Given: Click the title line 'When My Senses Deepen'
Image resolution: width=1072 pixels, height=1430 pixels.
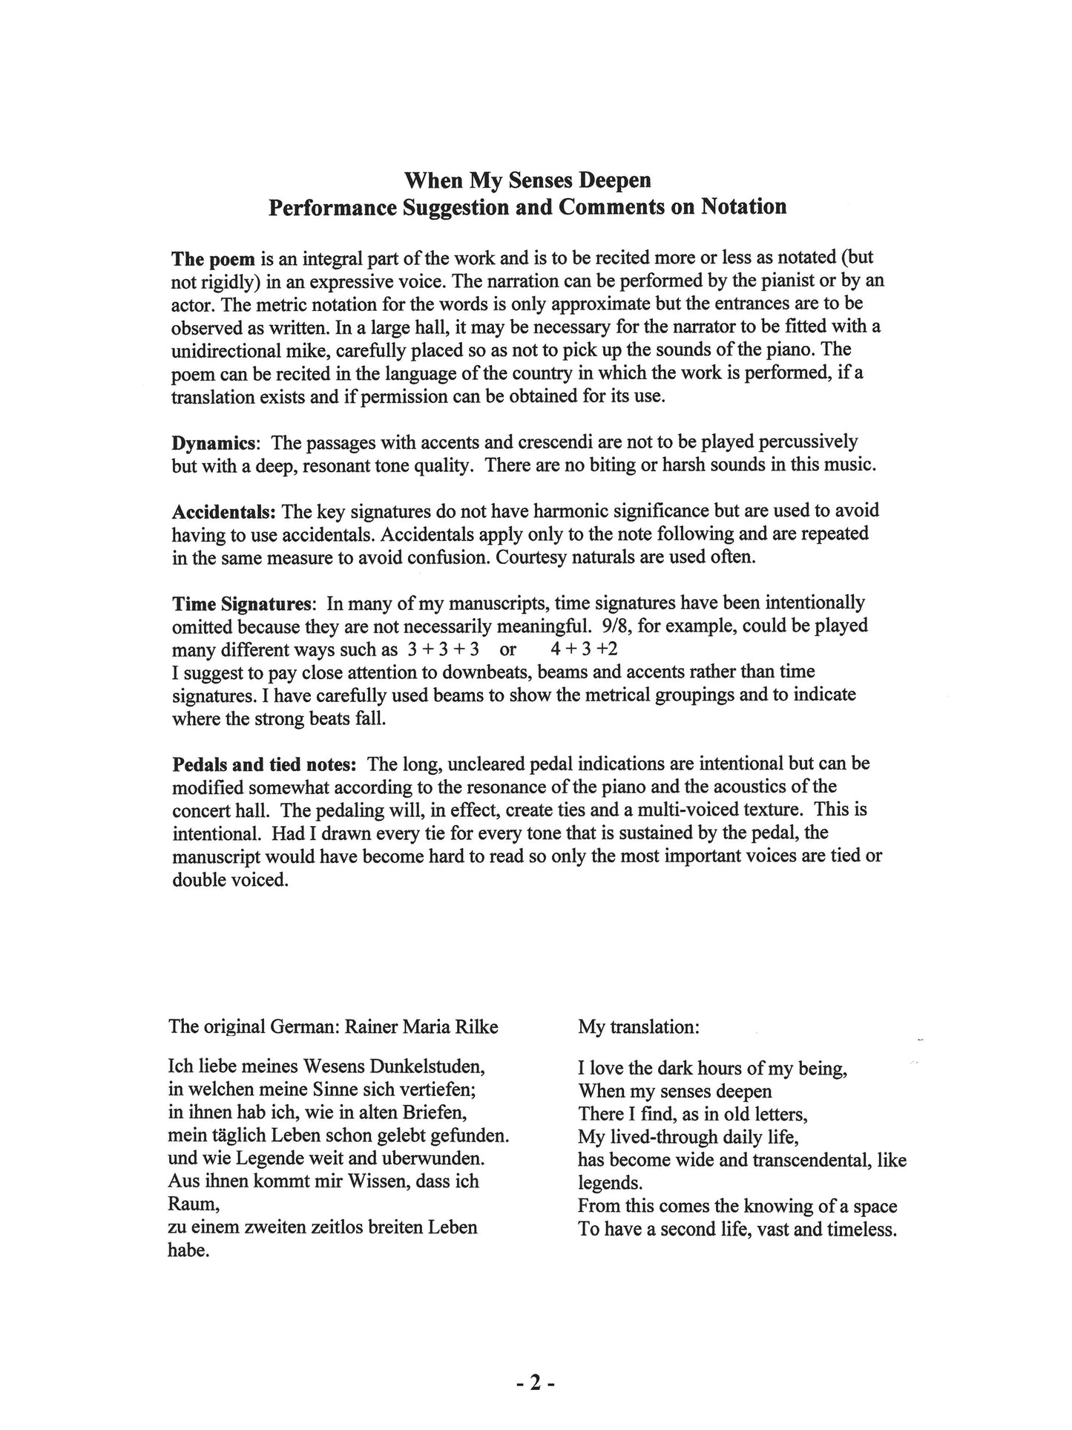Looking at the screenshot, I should point(527,180).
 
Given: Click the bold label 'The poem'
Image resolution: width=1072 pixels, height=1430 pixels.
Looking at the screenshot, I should point(214,259).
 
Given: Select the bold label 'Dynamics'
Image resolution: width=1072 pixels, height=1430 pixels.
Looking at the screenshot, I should point(215,443).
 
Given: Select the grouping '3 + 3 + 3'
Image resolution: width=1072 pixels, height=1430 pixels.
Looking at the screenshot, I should point(443,649).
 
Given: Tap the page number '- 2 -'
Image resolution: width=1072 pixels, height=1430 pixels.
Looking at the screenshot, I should point(536,1383).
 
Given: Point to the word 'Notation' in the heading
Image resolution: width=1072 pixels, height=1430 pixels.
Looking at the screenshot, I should point(740,207).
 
